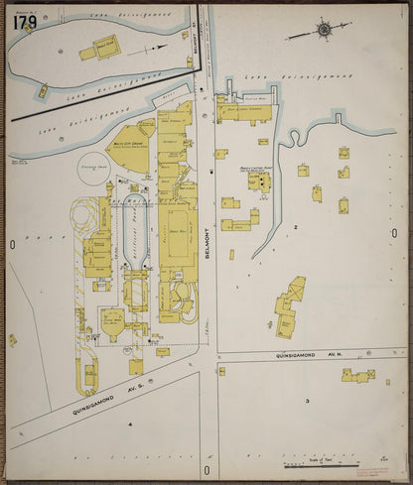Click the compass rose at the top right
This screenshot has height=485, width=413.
(x=324, y=29)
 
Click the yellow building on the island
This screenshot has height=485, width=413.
(x=105, y=47)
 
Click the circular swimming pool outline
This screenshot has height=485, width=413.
(x=95, y=175)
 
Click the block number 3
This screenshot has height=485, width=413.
(x=307, y=400)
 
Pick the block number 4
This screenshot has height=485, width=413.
(x=129, y=424)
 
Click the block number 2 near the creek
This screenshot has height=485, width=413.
(x=295, y=227)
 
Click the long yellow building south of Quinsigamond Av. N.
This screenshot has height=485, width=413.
(x=357, y=375)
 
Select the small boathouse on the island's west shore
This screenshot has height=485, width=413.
(x=42, y=92)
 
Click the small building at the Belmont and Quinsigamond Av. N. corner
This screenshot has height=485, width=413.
(x=221, y=371)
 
